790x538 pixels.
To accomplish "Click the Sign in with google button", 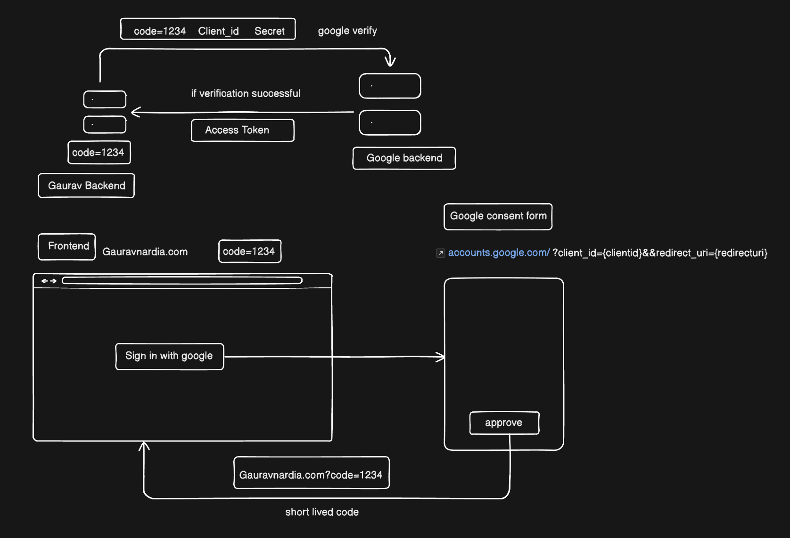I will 169,356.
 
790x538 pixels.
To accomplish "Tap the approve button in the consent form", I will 504,423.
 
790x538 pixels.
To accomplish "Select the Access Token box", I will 242,130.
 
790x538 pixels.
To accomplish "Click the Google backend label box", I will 404,158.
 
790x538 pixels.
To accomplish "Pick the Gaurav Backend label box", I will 86,186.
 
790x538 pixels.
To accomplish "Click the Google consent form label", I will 498,216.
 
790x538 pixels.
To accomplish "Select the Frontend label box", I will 67,246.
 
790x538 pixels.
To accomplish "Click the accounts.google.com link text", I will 498,253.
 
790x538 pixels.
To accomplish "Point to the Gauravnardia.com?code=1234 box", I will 311,473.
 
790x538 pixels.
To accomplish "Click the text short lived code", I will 322,512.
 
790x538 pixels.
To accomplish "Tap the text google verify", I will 347,31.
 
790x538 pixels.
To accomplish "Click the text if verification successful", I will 246,94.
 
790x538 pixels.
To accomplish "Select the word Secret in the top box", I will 269,31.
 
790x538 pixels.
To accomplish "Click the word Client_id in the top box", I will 218,31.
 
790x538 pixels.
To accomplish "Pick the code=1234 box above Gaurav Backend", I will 99,153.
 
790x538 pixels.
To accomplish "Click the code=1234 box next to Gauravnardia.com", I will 249,251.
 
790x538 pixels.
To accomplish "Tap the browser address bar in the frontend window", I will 182,281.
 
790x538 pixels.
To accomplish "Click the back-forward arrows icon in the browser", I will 49,281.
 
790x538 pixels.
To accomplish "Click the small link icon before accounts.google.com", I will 440,253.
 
